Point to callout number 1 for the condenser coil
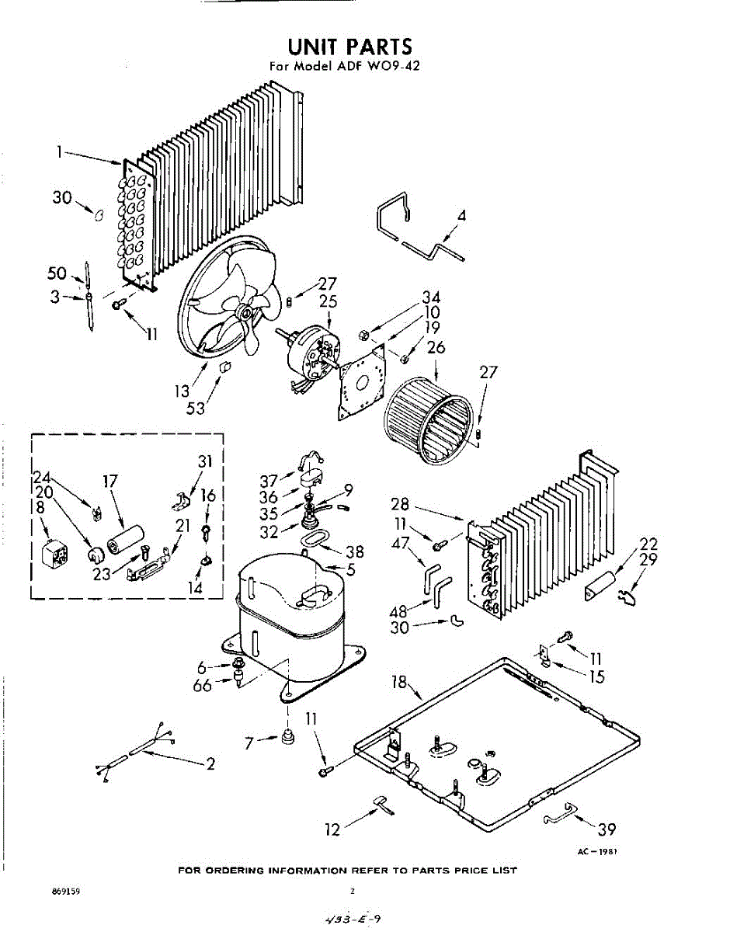coord(59,153)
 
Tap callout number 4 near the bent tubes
coord(461,216)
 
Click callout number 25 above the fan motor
coord(329,301)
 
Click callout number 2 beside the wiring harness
coord(210,763)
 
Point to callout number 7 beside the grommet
coord(249,743)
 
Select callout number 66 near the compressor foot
coord(202,686)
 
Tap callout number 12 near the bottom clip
coord(332,830)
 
